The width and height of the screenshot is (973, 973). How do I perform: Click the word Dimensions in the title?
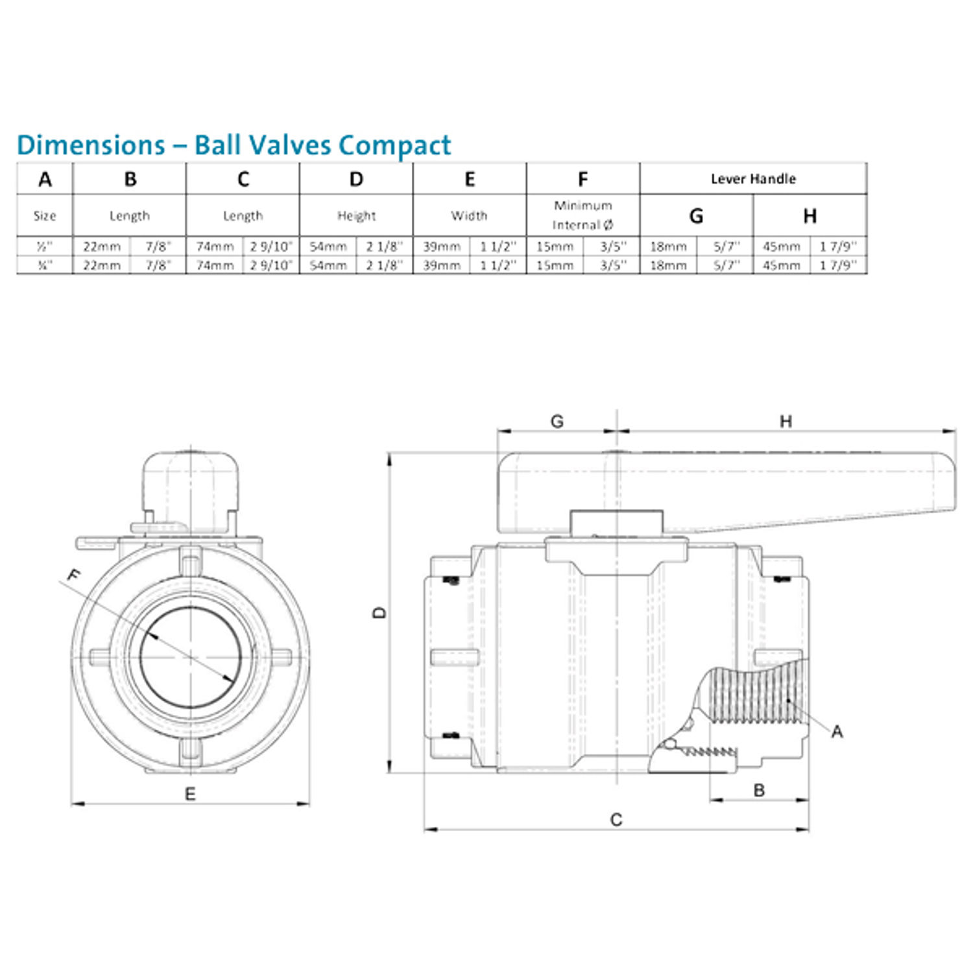click(91, 145)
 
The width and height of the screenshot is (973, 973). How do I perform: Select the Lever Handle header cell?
click(752, 179)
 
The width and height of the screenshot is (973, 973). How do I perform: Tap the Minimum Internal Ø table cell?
click(583, 215)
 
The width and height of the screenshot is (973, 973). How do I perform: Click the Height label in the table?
click(356, 216)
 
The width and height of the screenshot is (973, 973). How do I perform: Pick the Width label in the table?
click(469, 216)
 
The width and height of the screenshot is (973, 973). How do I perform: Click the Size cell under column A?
click(45, 216)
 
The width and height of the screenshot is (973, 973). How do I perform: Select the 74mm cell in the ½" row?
click(215, 247)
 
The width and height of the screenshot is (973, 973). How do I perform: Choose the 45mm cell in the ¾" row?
click(781, 265)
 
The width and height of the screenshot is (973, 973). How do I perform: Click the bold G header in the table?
click(696, 216)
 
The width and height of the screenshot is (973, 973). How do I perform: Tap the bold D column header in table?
click(356, 180)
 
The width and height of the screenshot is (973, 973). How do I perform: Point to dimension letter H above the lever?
click(786, 422)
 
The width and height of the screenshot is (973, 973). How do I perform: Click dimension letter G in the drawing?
click(557, 422)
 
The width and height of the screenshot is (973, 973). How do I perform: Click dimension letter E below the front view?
click(190, 794)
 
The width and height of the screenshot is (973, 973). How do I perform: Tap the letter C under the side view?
click(616, 820)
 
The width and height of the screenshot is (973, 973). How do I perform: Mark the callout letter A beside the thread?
click(837, 732)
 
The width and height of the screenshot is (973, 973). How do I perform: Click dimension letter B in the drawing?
click(759, 790)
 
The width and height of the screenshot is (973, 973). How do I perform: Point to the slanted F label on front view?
click(75, 575)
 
